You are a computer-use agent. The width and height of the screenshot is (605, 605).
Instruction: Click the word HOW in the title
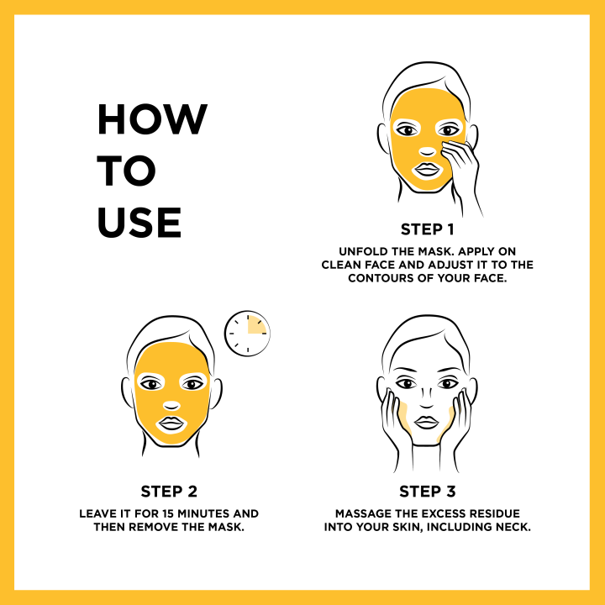pyautogui.click(x=151, y=120)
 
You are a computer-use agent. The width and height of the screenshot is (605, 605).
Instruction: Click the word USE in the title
pyautogui.click(x=139, y=222)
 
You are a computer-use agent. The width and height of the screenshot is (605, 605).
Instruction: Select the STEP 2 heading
pyautogui.click(x=169, y=492)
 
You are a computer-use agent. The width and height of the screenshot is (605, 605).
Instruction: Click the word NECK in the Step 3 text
pyautogui.click(x=508, y=527)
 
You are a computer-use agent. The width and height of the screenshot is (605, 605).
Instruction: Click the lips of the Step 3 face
pyautogui.click(x=428, y=420)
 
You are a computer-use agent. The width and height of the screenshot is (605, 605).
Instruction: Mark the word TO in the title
pyautogui.click(x=126, y=171)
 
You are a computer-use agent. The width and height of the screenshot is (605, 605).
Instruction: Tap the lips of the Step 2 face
pyautogui.click(x=172, y=423)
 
